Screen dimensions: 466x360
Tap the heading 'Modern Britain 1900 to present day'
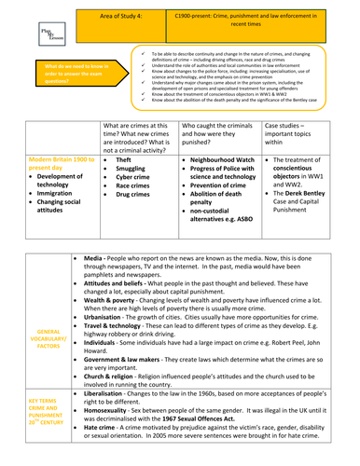pyautogui.click(x=54, y=164)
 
